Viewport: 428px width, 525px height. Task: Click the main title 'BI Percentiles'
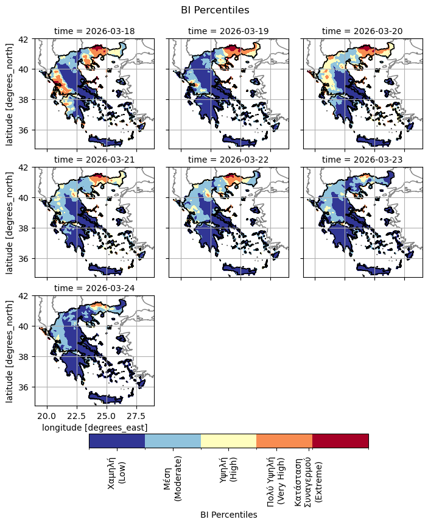pyautogui.click(x=215, y=10)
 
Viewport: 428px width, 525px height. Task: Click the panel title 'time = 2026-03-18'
pyautogui.click(x=94, y=31)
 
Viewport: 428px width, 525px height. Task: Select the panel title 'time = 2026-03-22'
pyautogui.click(x=228, y=160)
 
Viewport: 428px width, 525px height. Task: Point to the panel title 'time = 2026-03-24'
pyautogui.click(x=94, y=288)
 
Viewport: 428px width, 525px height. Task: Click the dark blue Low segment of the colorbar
pyautogui.click(x=117, y=441)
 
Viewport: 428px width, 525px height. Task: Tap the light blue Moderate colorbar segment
pyautogui.click(x=173, y=441)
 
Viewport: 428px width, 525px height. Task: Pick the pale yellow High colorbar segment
pyautogui.click(x=228, y=441)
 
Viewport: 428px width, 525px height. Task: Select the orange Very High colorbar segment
pyautogui.click(x=284, y=441)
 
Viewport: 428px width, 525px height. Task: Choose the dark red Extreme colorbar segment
pyautogui.click(x=340, y=441)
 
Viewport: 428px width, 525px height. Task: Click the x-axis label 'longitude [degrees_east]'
pyautogui.click(x=94, y=428)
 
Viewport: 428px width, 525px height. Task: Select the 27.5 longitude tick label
pyautogui.click(x=136, y=416)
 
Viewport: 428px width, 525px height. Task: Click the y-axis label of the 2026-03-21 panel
pyautogui.click(x=9, y=222)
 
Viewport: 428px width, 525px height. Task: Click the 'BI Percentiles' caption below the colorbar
pyautogui.click(x=228, y=515)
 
